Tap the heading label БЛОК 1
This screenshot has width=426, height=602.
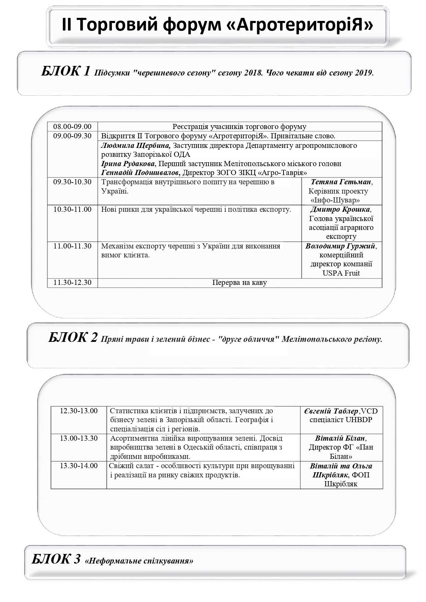click(x=66, y=71)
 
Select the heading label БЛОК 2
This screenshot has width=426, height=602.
click(x=73, y=337)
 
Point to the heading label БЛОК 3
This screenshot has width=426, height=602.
click(x=56, y=559)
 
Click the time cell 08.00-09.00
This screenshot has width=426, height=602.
click(x=72, y=127)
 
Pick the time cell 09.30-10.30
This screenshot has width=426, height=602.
click(x=72, y=182)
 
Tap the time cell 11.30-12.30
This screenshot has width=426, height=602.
click(x=72, y=282)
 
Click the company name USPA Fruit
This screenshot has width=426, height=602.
click(x=341, y=273)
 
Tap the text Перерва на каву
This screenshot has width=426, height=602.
click(x=239, y=282)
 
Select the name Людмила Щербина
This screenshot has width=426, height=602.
click(x=136, y=146)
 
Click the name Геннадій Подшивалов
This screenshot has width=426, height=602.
click(x=140, y=172)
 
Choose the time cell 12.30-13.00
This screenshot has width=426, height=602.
click(x=79, y=411)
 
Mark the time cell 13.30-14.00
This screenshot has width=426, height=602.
click(x=79, y=466)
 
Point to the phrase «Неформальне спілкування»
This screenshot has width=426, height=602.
click(x=139, y=561)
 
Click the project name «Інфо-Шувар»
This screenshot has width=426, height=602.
click(x=335, y=200)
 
